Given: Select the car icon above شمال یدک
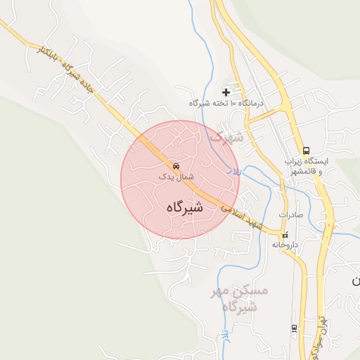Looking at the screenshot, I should click(x=174, y=167).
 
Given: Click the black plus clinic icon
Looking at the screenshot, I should click(x=226, y=91).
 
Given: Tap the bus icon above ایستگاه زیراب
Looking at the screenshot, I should click(x=306, y=150).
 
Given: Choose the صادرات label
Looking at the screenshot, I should click(x=290, y=215).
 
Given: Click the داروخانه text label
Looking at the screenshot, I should click(x=287, y=246).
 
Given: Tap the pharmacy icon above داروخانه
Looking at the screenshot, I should click(x=285, y=236).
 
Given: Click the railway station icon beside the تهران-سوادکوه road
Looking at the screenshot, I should click(x=294, y=328).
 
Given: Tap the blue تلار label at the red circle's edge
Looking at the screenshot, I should click(x=236, y=171).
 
